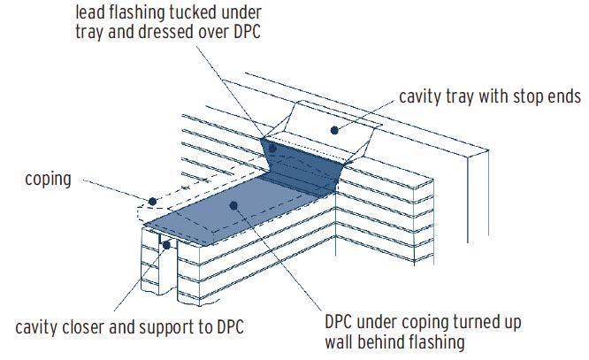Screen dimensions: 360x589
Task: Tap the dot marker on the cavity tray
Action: pyautogui.click(x=333, y=130)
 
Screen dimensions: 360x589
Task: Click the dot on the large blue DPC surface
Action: pyautogui.click(x=233, y=205)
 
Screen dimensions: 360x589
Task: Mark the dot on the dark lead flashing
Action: pyautogui.click(x=274, y=147)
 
